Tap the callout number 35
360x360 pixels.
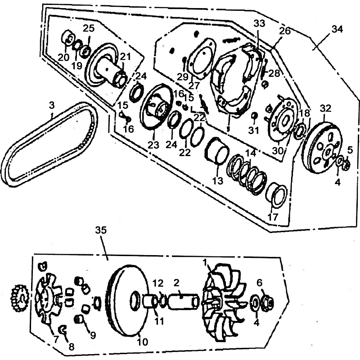[101, 230]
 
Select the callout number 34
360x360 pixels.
[337, 29]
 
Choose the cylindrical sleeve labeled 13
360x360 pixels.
[217, 151]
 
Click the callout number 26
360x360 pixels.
[285, 31]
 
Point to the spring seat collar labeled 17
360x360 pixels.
[275, 196]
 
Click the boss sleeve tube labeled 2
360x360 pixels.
[184, 301]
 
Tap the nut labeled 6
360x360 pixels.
[267, 303]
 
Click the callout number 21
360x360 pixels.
[125, 57]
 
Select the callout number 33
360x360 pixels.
[260, 23]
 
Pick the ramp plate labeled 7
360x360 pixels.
[48, 298]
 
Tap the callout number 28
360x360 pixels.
[274, 73]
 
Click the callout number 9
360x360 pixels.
[93, 336]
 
